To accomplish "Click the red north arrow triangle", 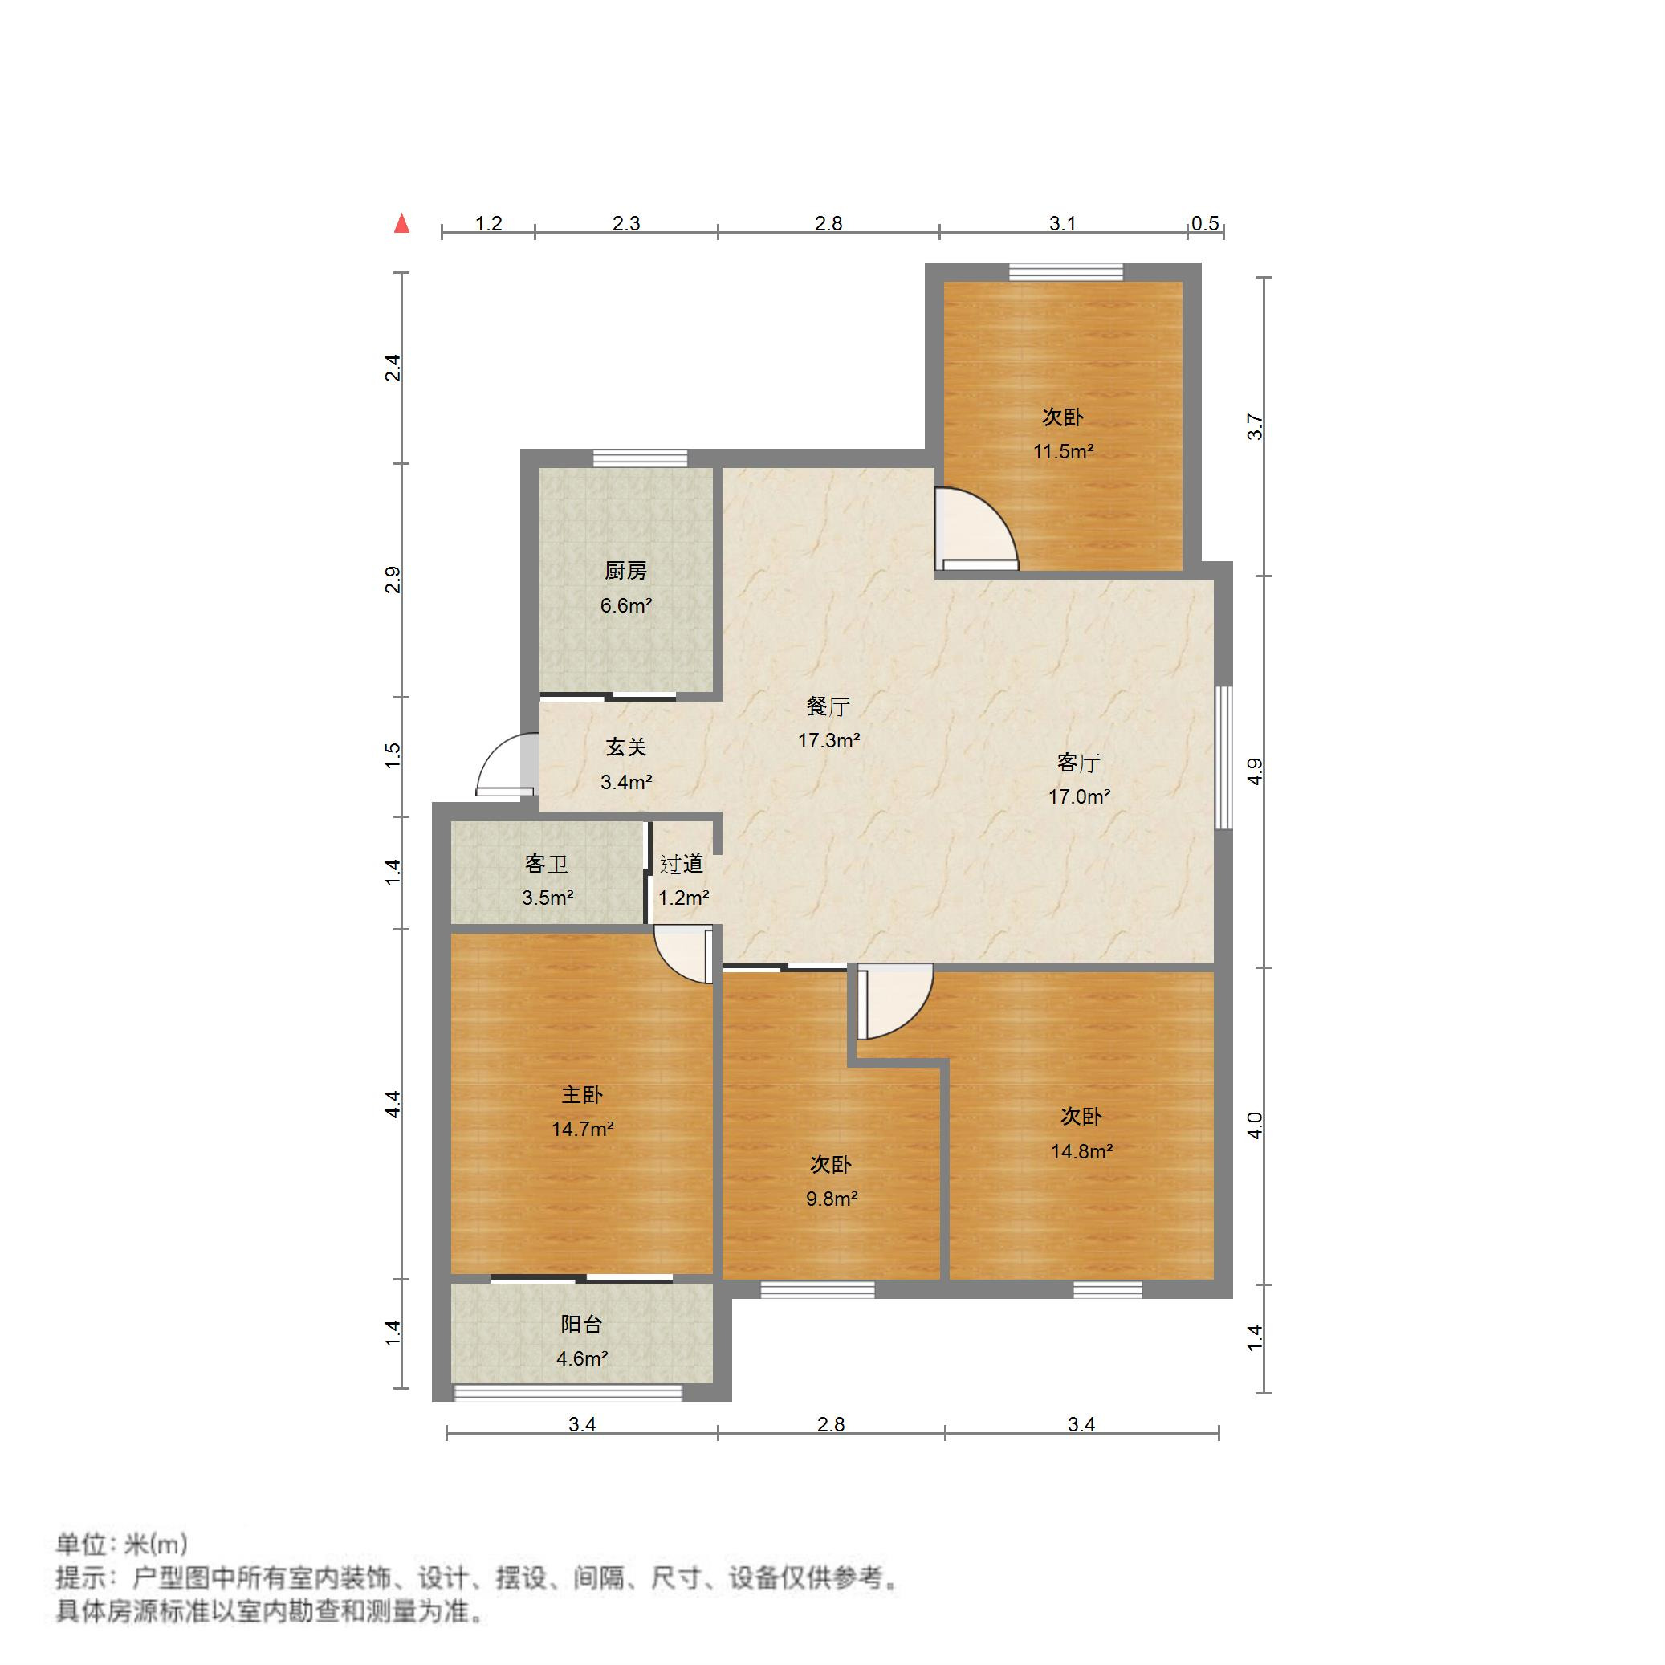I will [x=401, y=224].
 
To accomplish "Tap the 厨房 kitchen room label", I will [x=625, y=571].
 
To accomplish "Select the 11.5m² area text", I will [x=1064, y=450].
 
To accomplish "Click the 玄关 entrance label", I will [x=625, y=747].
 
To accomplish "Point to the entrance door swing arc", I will [x=504, y=763].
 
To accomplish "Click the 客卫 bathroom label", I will [x=547, y=864].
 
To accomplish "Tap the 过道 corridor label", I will [x=682, y=864].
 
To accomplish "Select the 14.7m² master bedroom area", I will [x=583, y=1129].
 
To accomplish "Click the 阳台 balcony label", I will [x=582, y=1325].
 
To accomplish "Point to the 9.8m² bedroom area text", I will [x=832, y=1199].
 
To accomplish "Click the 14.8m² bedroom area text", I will [x=1081, y=1151].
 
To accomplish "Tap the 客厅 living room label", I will [x=1079, y=763].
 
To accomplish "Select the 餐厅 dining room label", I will [x=828, y=706].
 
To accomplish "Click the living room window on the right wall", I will [x=1223, y=758].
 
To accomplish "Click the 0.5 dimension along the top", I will [x=1205, y=224].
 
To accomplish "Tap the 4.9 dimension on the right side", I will [x=1255, y=771].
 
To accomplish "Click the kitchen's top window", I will [x=641, y=458].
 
